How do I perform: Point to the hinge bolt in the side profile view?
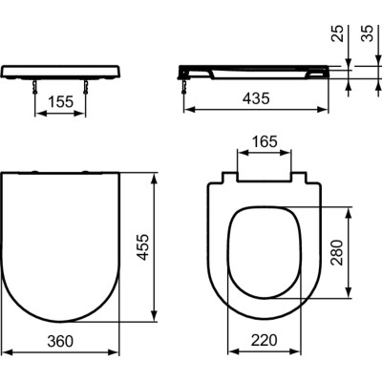[184, 86]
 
